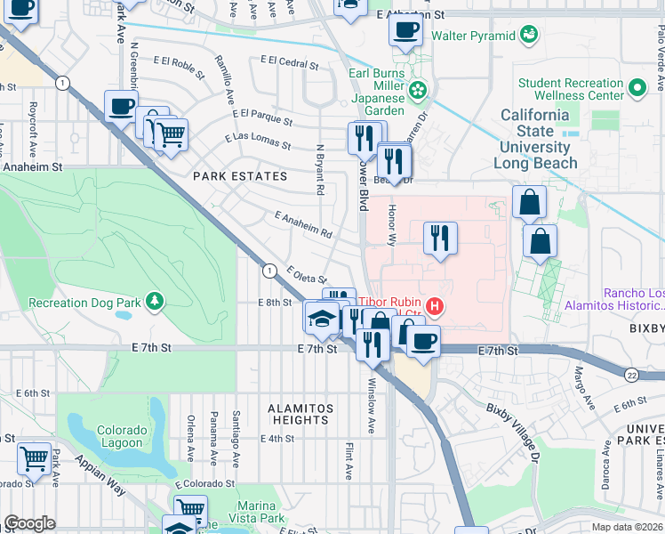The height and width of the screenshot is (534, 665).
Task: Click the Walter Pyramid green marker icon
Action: pyautogui.click(x=530, y=35)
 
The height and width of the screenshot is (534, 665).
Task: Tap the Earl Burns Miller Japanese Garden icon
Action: pyautogui.click(x=419, y=90)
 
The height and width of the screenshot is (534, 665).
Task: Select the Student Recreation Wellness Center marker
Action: pyautogui.click(x=637, y=89)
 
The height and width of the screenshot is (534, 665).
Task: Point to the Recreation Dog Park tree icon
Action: pyautogui.click(x=156, y=302)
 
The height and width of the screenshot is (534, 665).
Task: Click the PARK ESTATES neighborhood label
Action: pyautogui.click(x=241, y=176)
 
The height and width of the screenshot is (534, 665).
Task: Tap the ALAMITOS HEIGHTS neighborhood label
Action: pyautogui.click(x=300, y=414)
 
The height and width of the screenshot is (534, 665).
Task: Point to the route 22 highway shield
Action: pyautogui.click(x=631, y=375)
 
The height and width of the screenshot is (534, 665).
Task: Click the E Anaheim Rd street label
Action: pyautogui.click(x=303, y=225)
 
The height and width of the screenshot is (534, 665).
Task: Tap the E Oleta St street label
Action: pyautogui.click(x=307, y=275)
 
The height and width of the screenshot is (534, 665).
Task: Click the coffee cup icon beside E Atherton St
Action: pyautogui.click(x=405, y=29)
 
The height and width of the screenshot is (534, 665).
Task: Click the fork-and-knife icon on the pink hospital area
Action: pyautogui.click(x=440, y=238)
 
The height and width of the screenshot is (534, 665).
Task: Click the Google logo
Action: pyautogui.click(x=30, y=523)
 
